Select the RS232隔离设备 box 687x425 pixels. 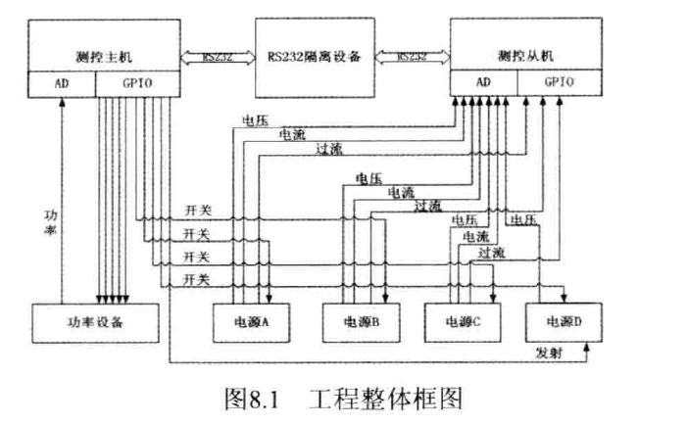click(x=315, y=56)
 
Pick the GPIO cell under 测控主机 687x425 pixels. click(x=138, y=84)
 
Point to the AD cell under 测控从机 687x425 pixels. click(x=483, y=84)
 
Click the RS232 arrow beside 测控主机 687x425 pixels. click(x=218, y=56)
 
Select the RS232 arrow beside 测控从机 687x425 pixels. click(x=411, y=56)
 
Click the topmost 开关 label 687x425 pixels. click(x=197, y=211)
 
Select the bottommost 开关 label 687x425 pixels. click(x=197, y=280)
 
